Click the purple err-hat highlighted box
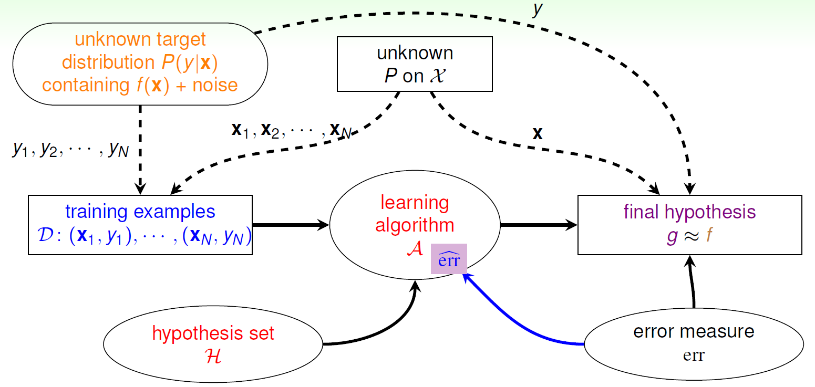449,258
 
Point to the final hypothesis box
689,225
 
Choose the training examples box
140,225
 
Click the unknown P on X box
415,64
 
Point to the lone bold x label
537,134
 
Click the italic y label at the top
537,12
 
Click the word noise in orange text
215,84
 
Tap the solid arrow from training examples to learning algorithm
290,225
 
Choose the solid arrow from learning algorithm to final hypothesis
539,225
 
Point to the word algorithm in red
415,226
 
